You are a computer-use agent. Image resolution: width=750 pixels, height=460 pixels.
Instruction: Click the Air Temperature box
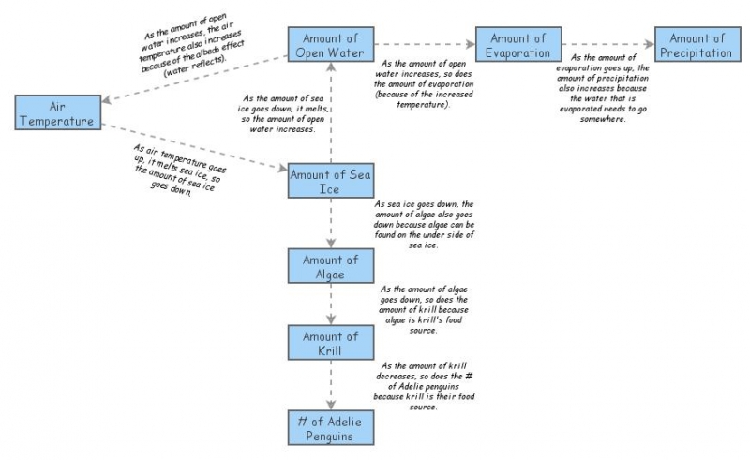tap(57, 112)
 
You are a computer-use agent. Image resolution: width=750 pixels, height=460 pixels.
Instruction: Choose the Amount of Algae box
tap(325, 266)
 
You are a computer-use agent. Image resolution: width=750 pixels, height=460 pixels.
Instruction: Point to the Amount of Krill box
tap(325, 344)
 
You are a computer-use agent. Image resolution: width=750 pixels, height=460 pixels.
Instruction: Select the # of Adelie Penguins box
tap(325, 428)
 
